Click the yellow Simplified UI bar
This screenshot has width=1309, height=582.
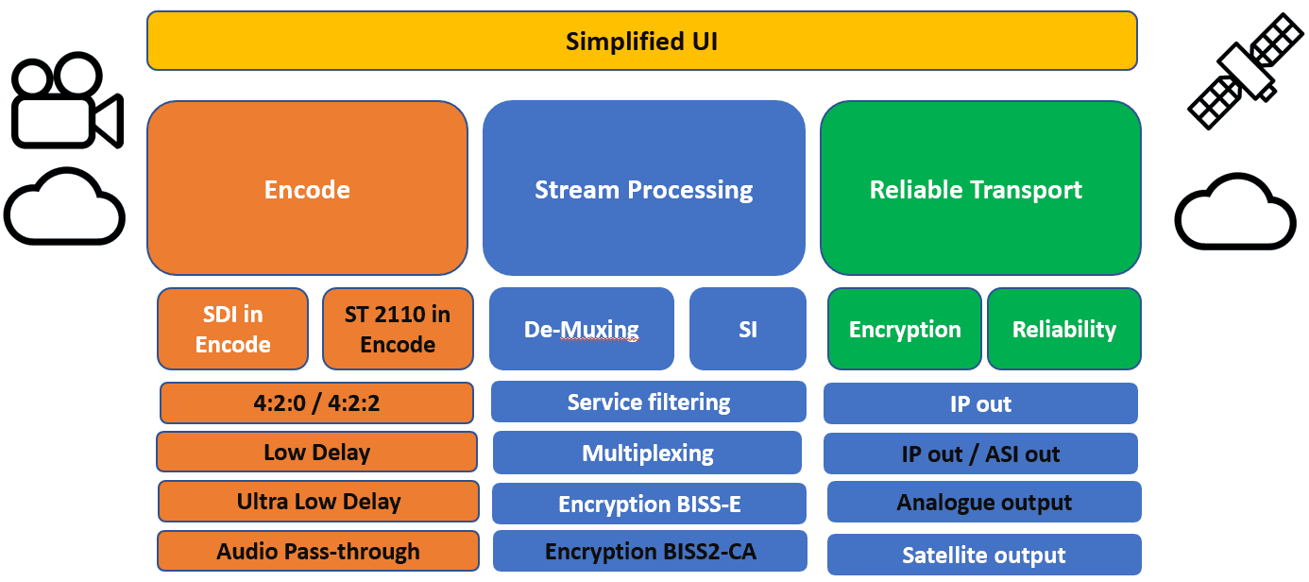pyautogui.click(x=641, y=41)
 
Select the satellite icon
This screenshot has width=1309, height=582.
pyautogui.click(x=1244, y=70)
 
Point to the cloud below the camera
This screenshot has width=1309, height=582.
pyautogui.click(x=64, y=206)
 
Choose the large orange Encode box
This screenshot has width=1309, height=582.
pyautogui.click(x=307, y=189)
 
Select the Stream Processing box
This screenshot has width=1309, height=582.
pyautogui.click(x=643, y=189)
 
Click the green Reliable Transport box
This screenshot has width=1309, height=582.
pyautogui.click(x=979, y=189)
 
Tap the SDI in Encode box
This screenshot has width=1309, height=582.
pyautogui.click(x=232, y=329)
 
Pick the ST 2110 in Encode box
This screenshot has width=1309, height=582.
pyautogui.click(x=398, y=329)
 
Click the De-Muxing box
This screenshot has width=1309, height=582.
pyautogui.click(x=581, y=329)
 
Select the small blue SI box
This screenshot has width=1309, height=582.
pyautogui.click(x=747, y=329)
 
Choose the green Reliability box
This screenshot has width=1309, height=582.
pyautogui.click(x=1064, y=329)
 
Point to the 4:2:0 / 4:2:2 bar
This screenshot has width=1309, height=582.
pyautogui.click(x=316, y=402)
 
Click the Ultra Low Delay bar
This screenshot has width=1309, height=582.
pyautogui.click(x=318, y=501)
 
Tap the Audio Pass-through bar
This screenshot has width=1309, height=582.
pyautogui.click(x=317, y=551)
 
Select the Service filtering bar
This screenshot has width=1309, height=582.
pyautogui.click(x=648, y=402)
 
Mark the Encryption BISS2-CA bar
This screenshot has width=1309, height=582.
pyautogui.click(x=650, y=551)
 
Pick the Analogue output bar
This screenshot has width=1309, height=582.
pyautogui.click(x=984, y=502)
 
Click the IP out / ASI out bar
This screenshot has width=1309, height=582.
pyautogui.click(x=980, y=454)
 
